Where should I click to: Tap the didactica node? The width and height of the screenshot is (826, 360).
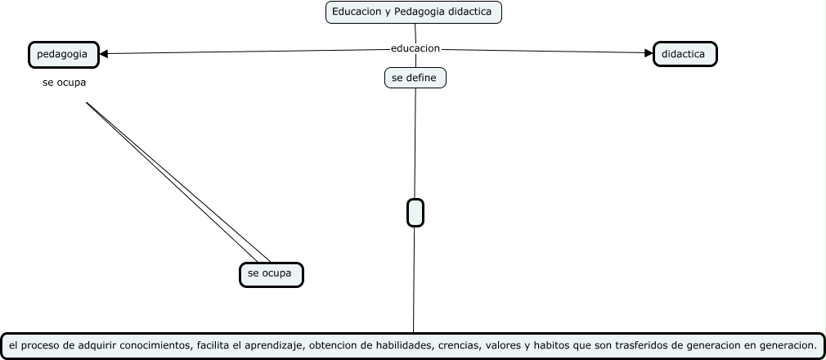coord(685,54)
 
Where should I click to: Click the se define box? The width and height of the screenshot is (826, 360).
coord(415,78)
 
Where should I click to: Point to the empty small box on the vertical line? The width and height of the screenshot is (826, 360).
coord(415,213)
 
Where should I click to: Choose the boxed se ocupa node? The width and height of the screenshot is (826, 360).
coord(271,274)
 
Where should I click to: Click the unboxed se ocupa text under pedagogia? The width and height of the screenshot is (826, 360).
coord(64,83)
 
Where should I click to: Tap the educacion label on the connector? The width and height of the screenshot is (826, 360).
coord(415,48)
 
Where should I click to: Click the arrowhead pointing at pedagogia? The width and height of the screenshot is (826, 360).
coord(105,54)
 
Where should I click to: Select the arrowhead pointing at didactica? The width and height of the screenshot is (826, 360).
coord(649,54)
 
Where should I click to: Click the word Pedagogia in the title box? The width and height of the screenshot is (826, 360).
coord(422,12)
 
